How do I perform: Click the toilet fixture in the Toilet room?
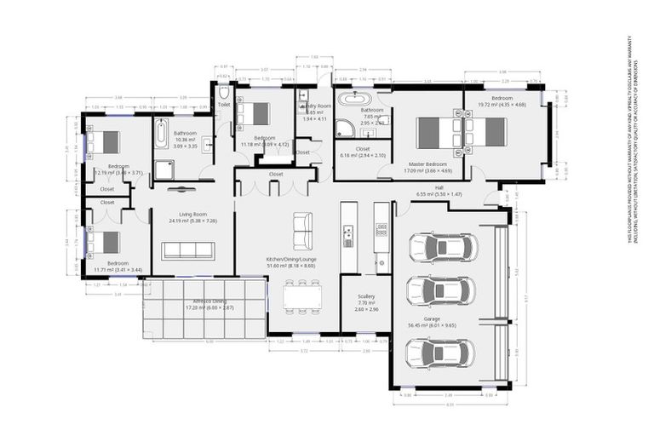point(224,92)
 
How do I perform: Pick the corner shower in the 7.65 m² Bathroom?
point(345,129)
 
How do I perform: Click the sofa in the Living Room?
point(188,250)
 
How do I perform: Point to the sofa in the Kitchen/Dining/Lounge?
point(302,230)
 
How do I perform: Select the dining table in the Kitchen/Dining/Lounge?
point(303,294)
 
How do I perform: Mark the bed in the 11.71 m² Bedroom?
point(105,242)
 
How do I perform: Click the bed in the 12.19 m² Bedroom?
point(105,141)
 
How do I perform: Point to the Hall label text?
point(439,186)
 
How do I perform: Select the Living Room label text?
point(193,214)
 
